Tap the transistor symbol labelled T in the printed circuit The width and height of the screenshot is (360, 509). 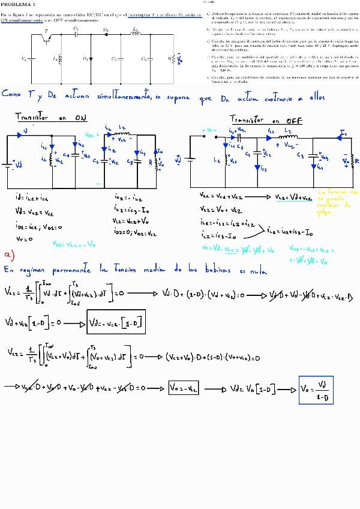47,38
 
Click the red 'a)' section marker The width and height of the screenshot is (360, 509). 8,254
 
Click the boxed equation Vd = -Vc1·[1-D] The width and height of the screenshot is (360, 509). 115,322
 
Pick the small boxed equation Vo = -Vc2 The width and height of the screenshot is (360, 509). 184,388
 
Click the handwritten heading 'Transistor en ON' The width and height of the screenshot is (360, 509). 50,118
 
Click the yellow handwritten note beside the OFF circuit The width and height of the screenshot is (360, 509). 340,202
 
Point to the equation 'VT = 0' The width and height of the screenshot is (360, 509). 23,238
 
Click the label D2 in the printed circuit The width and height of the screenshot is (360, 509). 106,29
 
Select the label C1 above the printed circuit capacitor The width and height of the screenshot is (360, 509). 76,28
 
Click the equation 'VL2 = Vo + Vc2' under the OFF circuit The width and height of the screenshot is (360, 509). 220,209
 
